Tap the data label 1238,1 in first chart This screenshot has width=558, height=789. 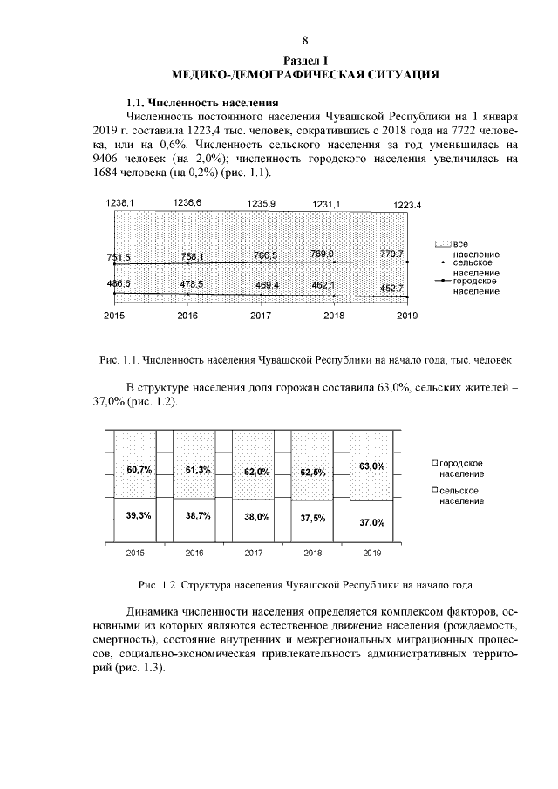pyautogui.click(x=119, y=202)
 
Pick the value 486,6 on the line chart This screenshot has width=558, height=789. pyautogui.click(x=119, y=284)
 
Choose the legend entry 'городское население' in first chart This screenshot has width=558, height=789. pyautogui.click(x=476, y=285)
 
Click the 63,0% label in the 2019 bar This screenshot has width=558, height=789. pyautogui.click(x=372, y=466)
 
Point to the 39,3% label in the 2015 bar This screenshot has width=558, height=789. pyautogui.click(x=139, y=515)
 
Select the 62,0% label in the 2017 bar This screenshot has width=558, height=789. pyautogui.click(x=256, y=472)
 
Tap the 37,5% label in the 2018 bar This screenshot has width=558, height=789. pyautogui.click(x=313, y=518)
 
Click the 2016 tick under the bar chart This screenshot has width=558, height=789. pyautogui.click(x=194, y=553)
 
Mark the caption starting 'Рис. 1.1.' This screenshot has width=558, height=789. pyautogui.click(x=305, y=358)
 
